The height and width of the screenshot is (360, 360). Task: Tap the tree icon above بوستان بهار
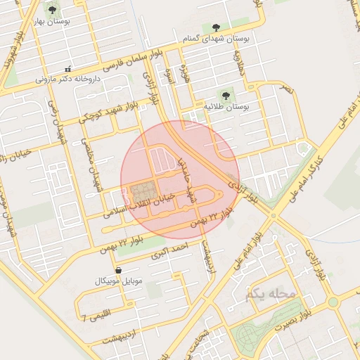point(52,10)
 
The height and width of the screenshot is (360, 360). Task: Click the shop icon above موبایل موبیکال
point(118,269)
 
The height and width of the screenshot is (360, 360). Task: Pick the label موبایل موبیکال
point(118,281)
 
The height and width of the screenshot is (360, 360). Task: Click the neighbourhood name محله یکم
point(271,294)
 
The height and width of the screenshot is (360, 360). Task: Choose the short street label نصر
point(286,90)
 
